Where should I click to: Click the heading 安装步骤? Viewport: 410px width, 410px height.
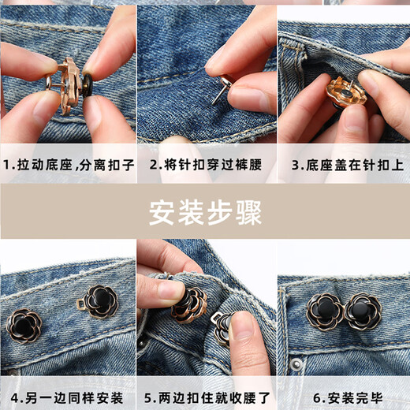point(205,212)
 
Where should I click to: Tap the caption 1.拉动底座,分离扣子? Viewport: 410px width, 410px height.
point(69,166)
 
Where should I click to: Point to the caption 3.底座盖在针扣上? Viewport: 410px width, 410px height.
point(342,166)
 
